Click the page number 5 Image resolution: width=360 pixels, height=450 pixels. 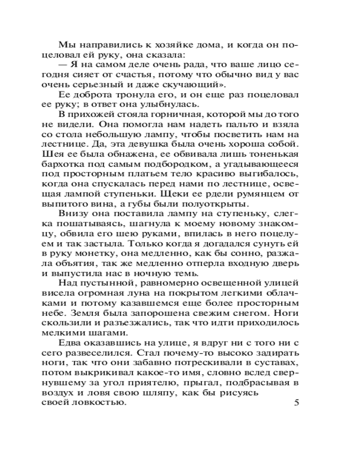point(296,402)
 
